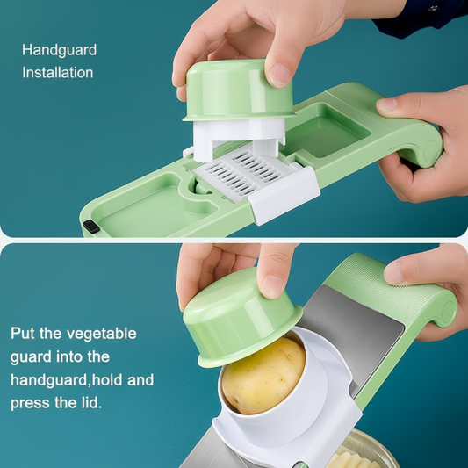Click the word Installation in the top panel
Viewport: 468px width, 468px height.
[57, 73]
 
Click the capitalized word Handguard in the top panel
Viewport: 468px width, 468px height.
[59, 50]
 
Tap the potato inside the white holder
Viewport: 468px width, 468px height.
[262, 375]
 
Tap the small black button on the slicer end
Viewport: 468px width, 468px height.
[91, 227]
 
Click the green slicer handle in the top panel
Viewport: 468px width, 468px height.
[413, 140]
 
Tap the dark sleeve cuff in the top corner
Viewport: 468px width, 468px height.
[421, 16]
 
